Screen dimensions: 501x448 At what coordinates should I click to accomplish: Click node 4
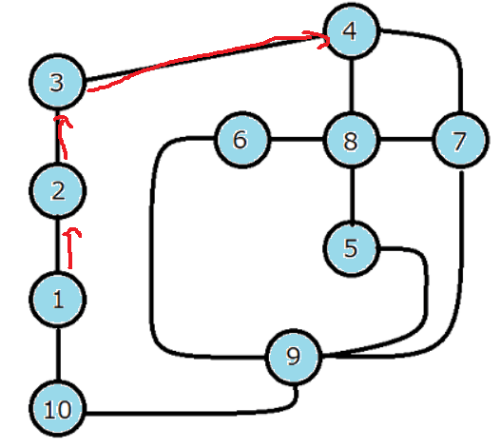(351, 31)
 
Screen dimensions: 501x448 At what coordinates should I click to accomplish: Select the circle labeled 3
(57, 82)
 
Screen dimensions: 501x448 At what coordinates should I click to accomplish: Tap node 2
(57, 191)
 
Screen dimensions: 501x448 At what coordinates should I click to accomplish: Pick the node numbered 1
(57, 300)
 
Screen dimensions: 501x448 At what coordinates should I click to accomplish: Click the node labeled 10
(57, 409)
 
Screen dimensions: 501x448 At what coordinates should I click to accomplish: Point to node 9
(294, 357)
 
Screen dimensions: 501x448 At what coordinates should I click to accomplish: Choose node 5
(351, 248)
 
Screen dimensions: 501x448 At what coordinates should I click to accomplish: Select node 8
(351, 140)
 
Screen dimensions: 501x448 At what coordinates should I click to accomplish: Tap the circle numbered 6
(241, 140)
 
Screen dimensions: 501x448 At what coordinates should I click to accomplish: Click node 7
(460, 140)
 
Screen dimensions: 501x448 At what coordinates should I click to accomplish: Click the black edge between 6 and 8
(297, 139)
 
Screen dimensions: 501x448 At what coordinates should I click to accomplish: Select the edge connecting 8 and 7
(406, 139)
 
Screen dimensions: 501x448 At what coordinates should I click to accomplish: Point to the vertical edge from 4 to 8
(352, 86)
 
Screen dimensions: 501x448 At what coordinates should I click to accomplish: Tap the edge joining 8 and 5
(352, 194)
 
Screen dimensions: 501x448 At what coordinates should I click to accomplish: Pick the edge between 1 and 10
(58, 354)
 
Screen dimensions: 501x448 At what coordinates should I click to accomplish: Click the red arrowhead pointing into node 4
(320, 39)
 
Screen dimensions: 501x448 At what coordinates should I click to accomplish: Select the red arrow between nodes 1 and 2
(70, 248)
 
